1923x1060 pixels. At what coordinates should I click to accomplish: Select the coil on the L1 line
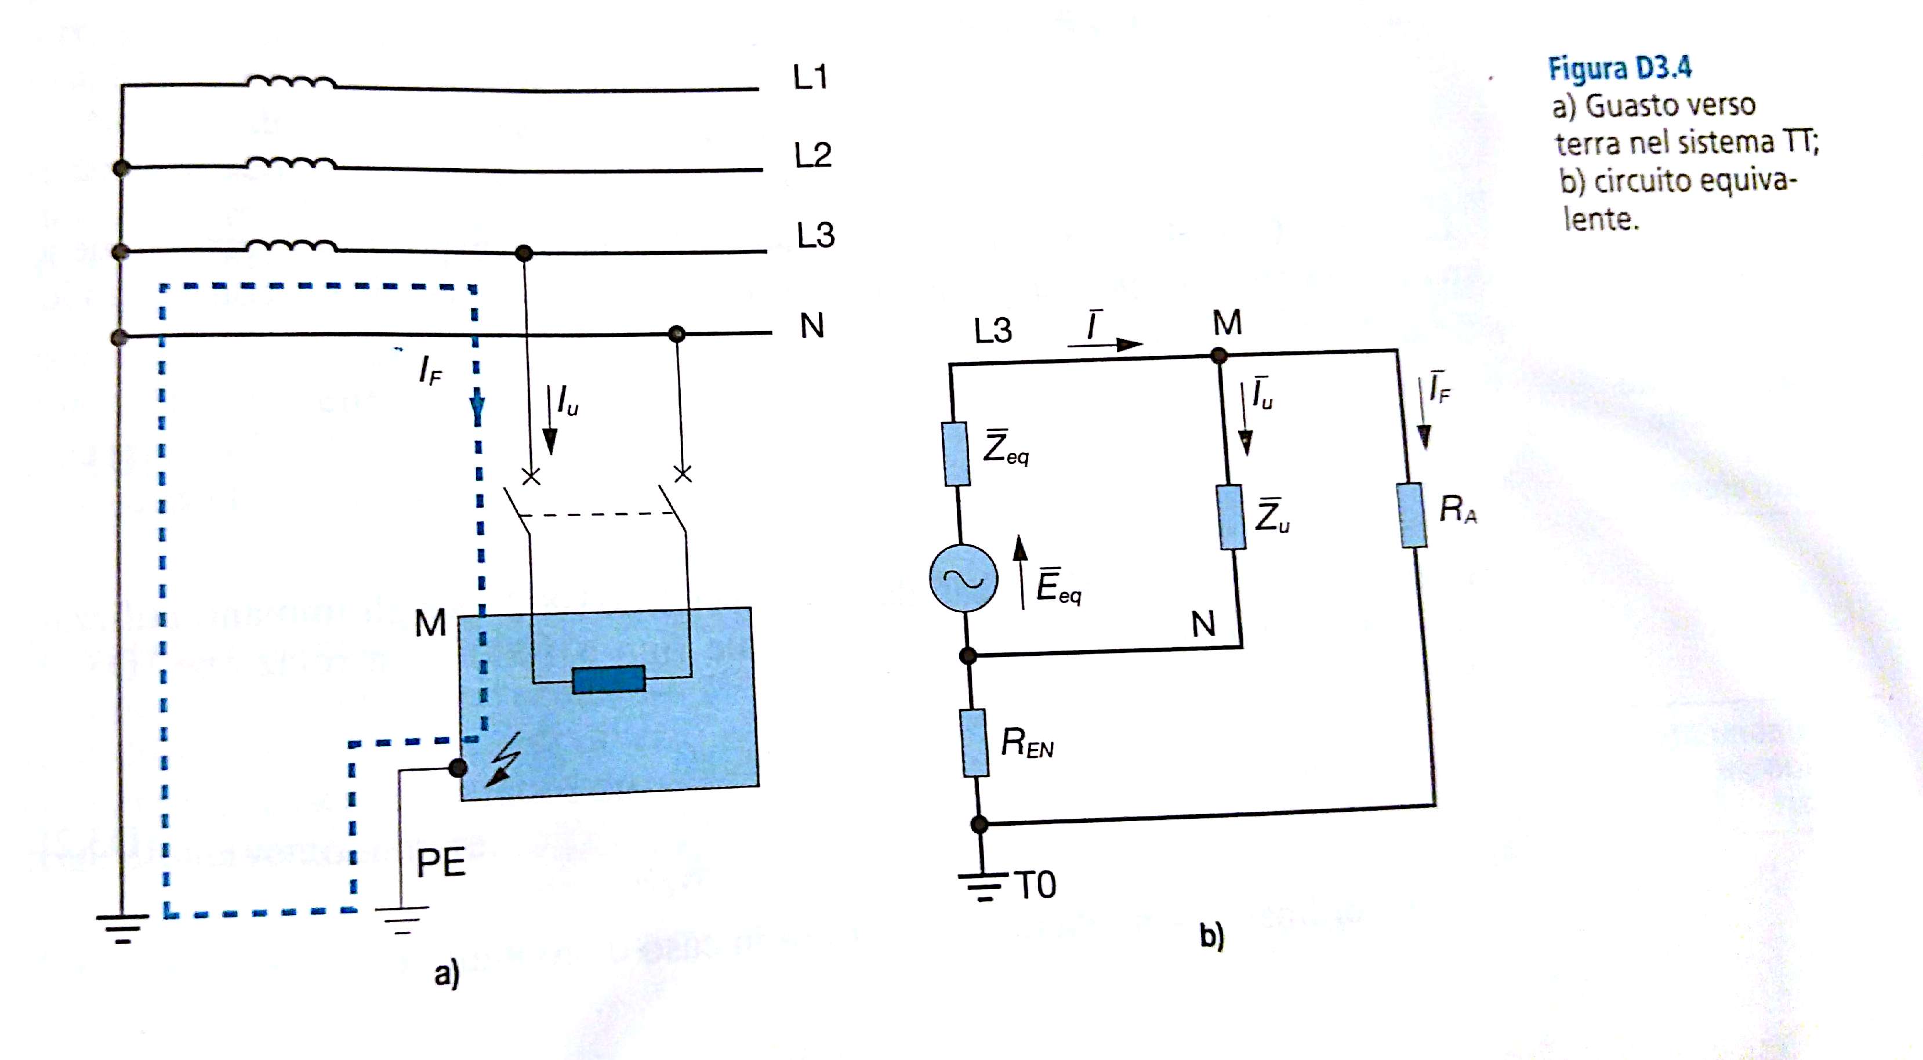291,81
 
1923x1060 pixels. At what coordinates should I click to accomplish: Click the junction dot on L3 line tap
524,252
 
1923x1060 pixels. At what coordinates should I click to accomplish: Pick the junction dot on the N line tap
676,333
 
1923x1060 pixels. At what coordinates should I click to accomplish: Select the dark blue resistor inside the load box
608,679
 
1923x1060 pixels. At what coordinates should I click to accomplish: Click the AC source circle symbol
963,578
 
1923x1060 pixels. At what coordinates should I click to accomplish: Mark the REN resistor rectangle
974,743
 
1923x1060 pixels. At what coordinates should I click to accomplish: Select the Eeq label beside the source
1058,586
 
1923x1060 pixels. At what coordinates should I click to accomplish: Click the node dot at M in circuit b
1218,356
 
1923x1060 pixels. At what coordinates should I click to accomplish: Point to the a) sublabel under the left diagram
447,974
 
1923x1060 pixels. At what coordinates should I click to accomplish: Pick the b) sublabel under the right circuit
1211,935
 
